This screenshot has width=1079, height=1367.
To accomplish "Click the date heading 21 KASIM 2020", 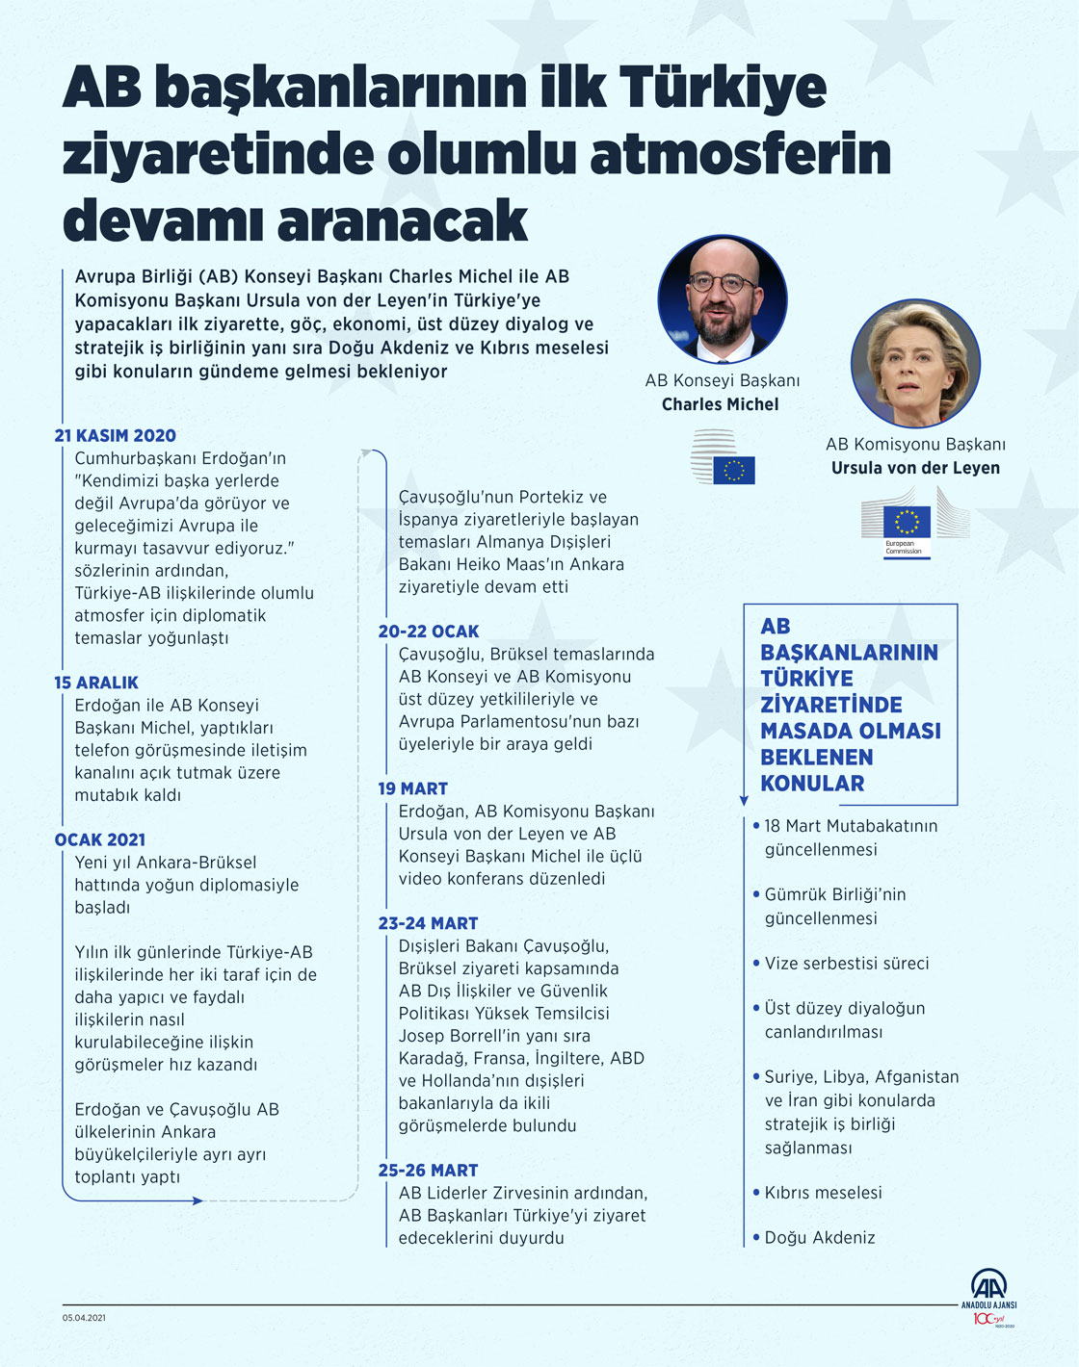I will tap(115, 435).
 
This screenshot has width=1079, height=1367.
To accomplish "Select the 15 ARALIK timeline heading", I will tap(96, 683).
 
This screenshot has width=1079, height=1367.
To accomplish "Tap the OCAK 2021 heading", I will tap(100, 839).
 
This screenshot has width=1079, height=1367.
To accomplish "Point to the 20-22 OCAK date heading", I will tap(428, 632).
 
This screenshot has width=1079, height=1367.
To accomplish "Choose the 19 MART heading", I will tap(412, 788).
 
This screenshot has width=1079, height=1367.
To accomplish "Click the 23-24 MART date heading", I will tap(428, 923).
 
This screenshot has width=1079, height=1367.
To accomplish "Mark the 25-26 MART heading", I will tap(428, 1171).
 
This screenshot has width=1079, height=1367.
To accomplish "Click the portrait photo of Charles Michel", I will tap(723, 299).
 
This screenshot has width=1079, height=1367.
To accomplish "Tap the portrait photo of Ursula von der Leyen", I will tap(915, 364).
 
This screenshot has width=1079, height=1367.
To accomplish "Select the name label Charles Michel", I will tap(720, 404).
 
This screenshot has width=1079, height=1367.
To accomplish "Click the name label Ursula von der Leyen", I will tap(915, 468).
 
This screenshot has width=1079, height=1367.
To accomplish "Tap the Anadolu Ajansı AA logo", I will tap(988, 1290).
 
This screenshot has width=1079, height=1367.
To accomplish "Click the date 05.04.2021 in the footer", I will tap(85, 1318).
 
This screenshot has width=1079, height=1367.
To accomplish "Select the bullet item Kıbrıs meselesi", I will tap(823, 1193).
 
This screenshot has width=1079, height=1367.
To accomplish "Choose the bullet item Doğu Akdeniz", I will tap(820, 1238).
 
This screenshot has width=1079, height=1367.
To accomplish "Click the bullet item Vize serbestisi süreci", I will tap(847, 964).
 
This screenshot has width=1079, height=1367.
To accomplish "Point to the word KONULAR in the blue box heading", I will tap(812, 784).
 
